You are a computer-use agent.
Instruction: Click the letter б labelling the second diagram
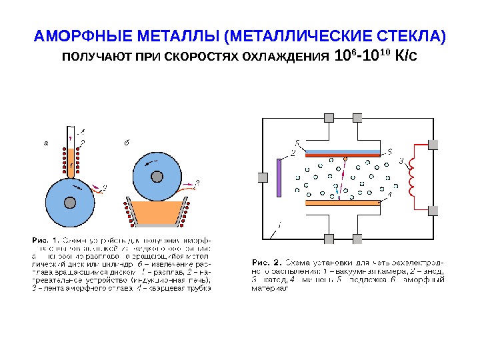tap(127, 143)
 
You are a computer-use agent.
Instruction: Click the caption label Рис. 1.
tap(45, 237)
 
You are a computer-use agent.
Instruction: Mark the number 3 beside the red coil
tap(401, 161)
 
